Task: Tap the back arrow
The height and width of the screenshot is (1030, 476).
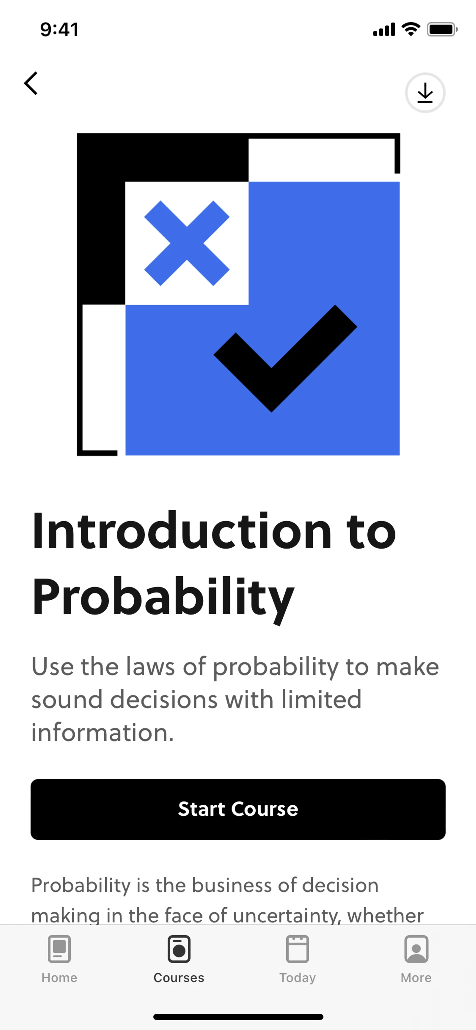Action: click(x=31, y=83)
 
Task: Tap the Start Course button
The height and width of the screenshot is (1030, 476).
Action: click(x=238, y=809)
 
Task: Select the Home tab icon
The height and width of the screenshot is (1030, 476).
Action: click(x=59, y=948)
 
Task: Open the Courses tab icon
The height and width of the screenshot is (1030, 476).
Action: click(x=179, y=948)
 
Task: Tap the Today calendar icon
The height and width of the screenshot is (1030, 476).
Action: click(x=297, y=948)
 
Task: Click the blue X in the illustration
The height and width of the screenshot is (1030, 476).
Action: click(x=187, y=243)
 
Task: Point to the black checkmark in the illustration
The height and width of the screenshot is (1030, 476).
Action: click(x=285, y=358)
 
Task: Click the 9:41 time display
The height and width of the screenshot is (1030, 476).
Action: click(x=59, y=29)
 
